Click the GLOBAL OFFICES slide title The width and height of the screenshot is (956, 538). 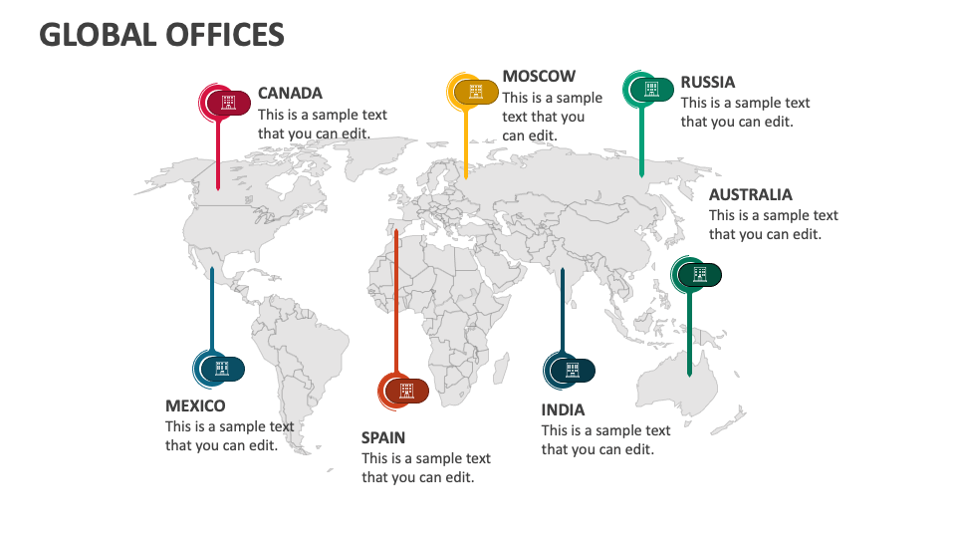[161, 34]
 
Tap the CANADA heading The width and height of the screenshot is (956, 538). [290, 93]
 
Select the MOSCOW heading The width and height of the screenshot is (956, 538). [539, 76]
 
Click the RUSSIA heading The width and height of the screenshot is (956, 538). [708, 82]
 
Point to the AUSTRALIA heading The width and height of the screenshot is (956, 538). [751, 194]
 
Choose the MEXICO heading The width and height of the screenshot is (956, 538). [195, 405]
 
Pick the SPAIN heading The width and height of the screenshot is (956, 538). [383, 436]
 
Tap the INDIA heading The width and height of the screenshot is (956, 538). [563, 409]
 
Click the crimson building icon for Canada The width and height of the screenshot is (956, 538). [228, 102]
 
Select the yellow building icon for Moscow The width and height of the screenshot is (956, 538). [476, 92]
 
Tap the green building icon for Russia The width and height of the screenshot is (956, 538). [652, 89]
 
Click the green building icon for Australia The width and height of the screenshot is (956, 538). [700, 274]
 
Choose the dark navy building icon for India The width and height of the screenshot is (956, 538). [573, 371]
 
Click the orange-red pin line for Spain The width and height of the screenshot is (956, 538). [396, 299]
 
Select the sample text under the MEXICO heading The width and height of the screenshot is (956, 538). [229, 435]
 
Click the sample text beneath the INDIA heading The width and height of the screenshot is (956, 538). [605, 439]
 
